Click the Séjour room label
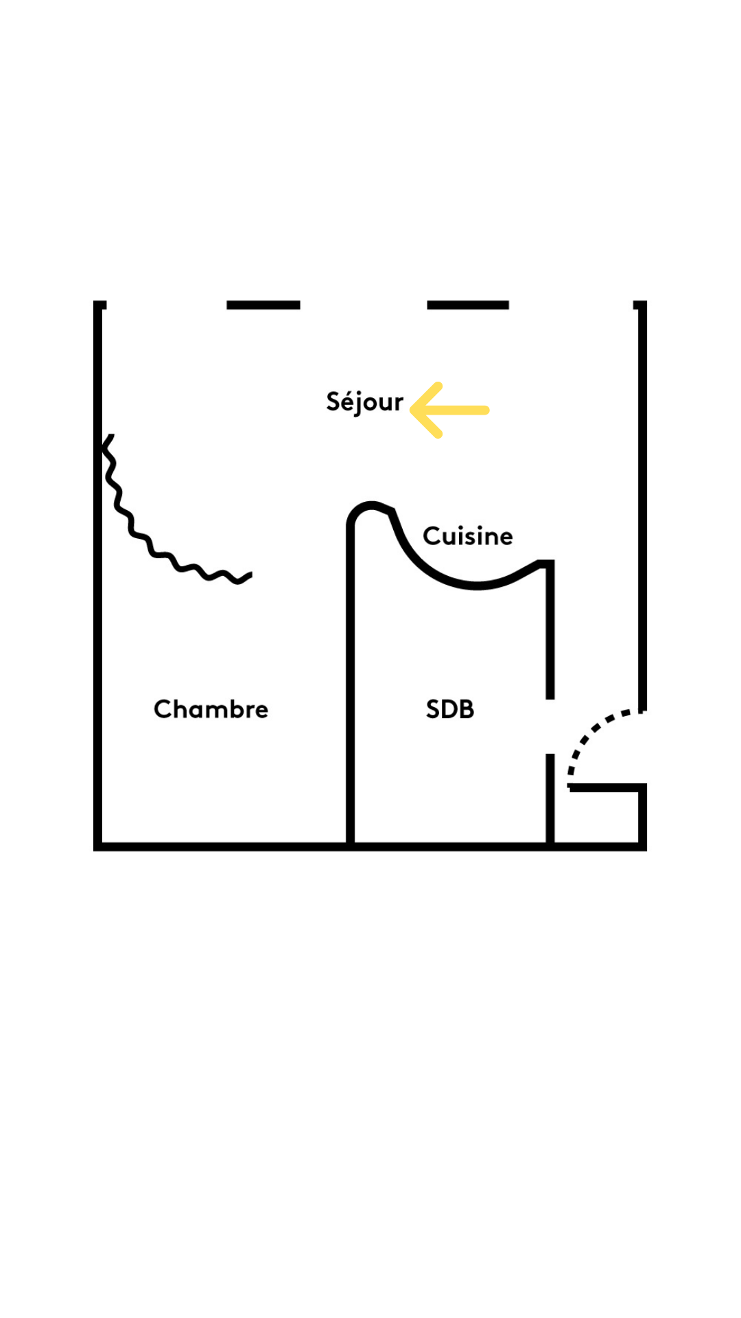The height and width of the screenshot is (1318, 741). tap(364, 402)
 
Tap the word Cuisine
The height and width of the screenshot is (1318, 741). tap(467, 536)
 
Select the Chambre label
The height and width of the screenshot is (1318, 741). tap(211, 709)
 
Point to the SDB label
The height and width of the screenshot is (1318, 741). tap(449, 709)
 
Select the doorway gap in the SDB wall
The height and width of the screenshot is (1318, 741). tap(550, 726)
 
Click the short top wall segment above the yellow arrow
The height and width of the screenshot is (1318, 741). tap(468, 305)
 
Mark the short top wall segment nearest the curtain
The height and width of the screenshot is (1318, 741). tap(263, 305)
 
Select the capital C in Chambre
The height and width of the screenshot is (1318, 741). tap(162, 709)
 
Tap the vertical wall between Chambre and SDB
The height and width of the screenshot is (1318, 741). tap(350, 686)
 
